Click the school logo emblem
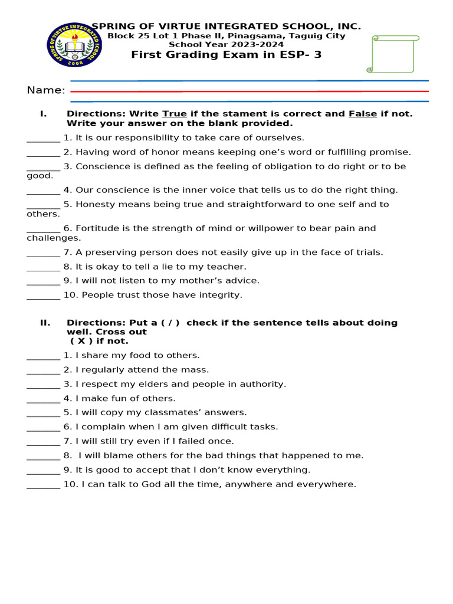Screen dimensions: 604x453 click(74, 44)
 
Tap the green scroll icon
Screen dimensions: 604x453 click(393, 54)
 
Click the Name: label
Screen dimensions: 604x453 click(46, 90)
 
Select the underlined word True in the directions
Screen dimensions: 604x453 click(174, 113)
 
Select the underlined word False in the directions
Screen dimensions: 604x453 click(363, 113)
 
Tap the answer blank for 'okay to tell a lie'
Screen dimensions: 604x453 click(43, 267)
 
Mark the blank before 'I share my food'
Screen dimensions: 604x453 click(43, 356)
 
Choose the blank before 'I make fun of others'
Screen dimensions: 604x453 click(43, 399)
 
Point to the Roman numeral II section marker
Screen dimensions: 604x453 click(45, 323)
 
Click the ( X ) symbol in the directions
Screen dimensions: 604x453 click(82, 341)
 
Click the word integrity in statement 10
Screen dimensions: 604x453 click(220, 295)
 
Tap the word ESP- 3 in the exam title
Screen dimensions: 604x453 click(301, 55)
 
